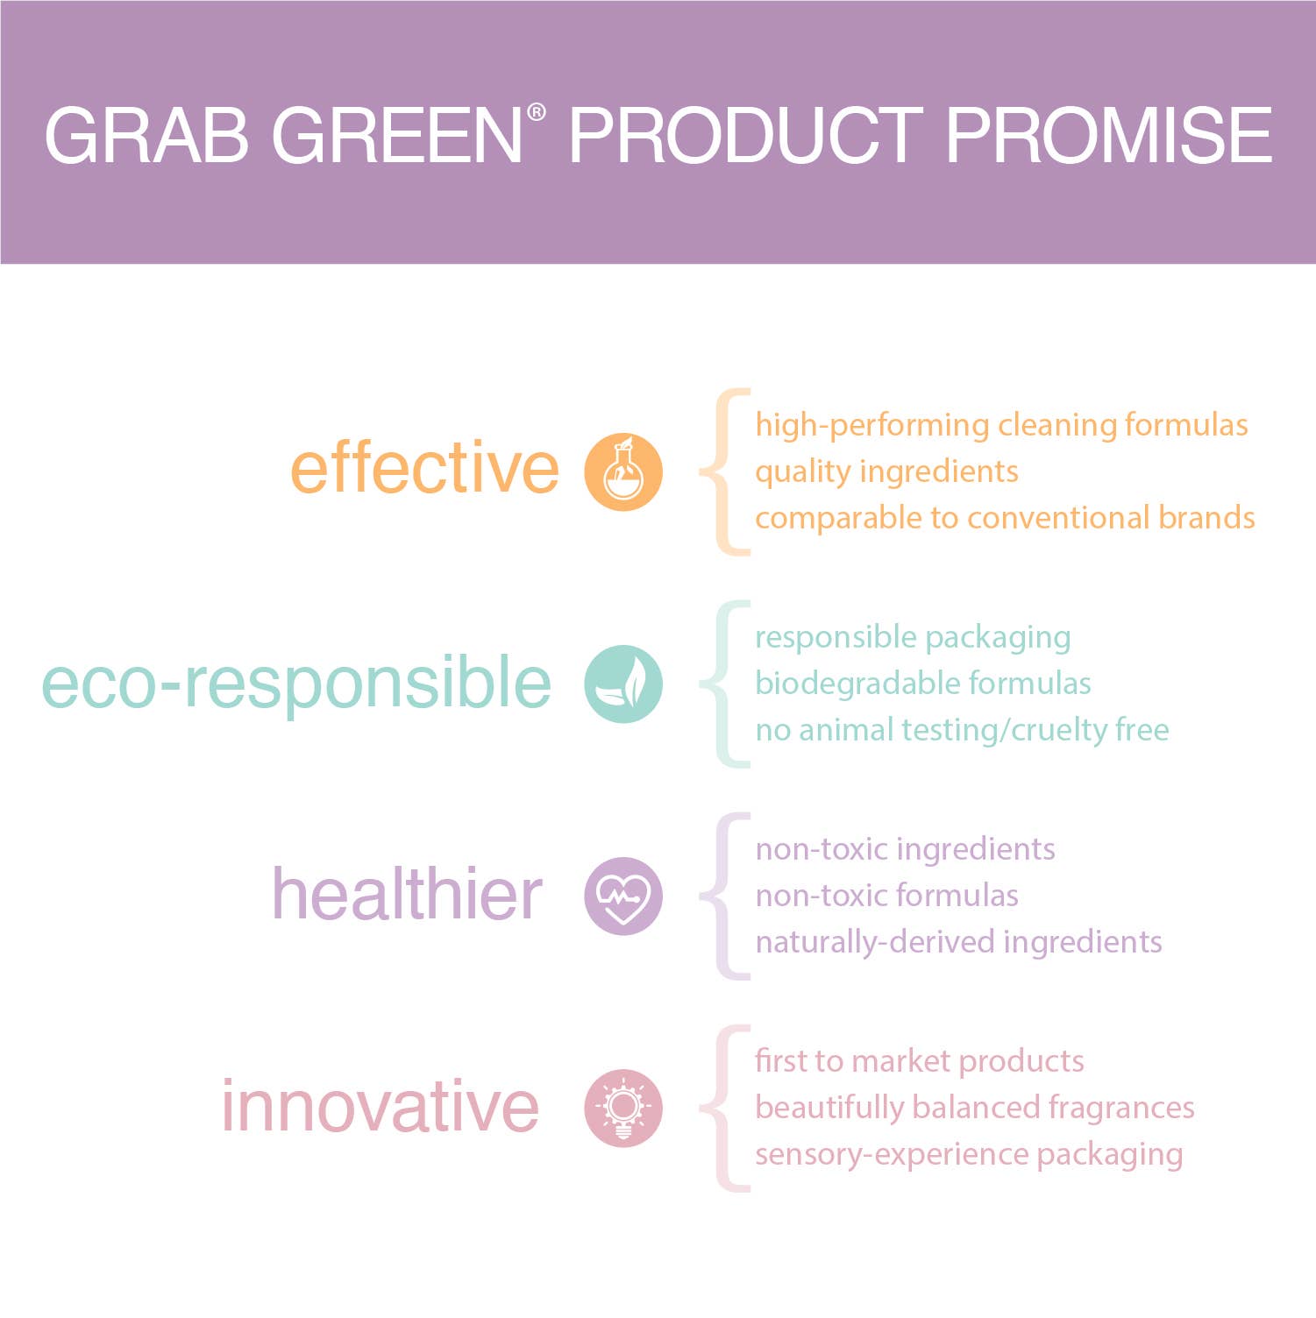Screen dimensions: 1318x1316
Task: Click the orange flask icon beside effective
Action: [623, 471]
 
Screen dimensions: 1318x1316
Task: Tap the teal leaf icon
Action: [623, 684]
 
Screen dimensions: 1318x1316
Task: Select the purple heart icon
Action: [623, 896]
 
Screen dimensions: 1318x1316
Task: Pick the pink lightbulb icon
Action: [623, 1109]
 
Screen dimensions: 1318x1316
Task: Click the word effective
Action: [424, 468]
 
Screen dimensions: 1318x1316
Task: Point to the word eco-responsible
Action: [296, 684]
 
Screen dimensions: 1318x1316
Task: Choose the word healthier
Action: [407, 895]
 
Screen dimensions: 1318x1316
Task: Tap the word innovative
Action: [380, 1107]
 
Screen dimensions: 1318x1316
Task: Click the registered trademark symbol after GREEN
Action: [537, 112]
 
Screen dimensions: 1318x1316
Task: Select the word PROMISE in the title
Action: [1108, 136]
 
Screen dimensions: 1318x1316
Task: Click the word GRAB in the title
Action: [146, 136]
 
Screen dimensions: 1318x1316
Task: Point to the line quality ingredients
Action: [886, 472]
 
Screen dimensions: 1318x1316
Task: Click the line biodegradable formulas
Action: [922, 684]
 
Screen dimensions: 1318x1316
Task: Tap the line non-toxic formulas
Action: [886, 896]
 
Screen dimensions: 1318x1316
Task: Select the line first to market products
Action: [919, 1061]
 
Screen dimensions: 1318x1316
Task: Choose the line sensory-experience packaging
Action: [968, 1155]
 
